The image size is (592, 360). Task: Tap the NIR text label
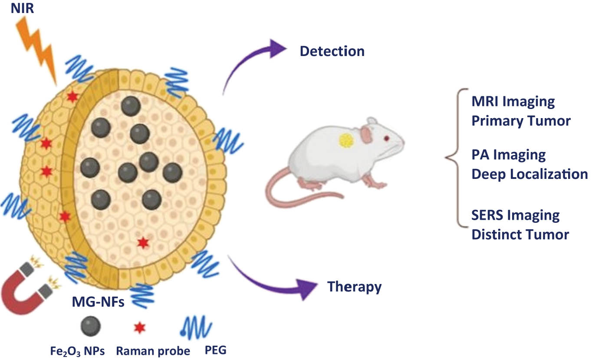pyautogui.click(x=22, y=7)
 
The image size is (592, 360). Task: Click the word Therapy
pyautogui.click(x=355, y=287)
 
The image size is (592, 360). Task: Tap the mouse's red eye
pyautogui.click(x=386, y=139)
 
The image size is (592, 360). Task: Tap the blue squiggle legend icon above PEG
pyautogui.click(x=195, y=327)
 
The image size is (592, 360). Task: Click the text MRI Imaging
pyautogui.click(x=513, y=102)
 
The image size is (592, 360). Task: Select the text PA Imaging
pyautogui.click(x=508, y=155)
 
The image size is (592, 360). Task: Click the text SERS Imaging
pyautogui.click(x=515, y=215)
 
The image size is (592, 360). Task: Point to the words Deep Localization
pyautogui.click(x=529, y=174)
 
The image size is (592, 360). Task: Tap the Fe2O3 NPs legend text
pyautogui.click(x=76, y=350)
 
